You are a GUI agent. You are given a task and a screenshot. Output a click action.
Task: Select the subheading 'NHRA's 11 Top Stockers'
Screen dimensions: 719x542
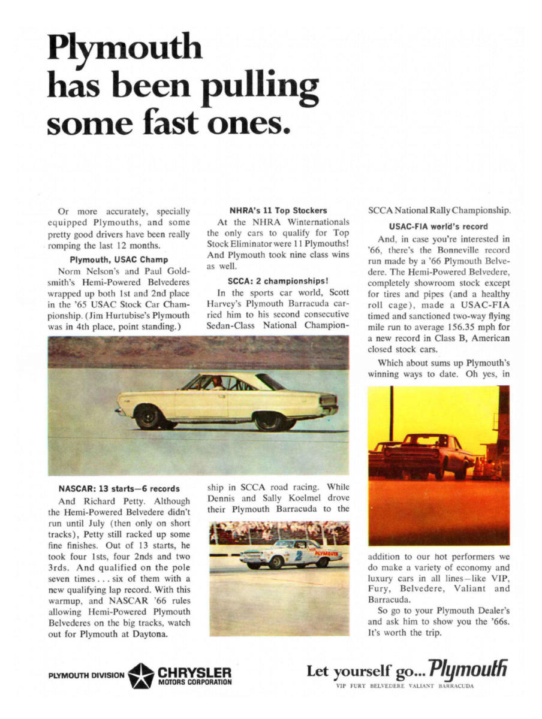(278, 210)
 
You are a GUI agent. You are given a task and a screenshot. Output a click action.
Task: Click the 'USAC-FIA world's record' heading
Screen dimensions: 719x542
(439, 226)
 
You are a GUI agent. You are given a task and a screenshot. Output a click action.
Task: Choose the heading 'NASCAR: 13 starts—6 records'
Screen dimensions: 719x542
(119, 488)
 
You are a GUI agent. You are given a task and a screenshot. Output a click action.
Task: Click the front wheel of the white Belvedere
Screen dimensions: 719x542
(147, 416)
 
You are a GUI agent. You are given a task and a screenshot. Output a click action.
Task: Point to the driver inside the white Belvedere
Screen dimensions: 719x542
(217, 383)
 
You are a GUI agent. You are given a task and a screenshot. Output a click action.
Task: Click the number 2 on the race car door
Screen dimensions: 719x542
(297, 555)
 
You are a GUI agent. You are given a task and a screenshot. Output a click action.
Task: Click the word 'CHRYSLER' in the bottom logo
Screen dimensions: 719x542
(194, 670)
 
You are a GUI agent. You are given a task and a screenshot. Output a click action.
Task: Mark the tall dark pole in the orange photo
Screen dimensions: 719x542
(391, 413)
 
